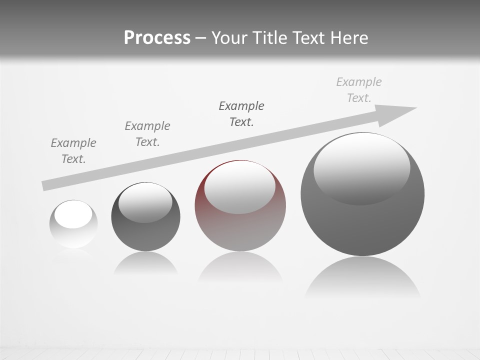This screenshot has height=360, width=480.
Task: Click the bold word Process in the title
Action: (157, 38)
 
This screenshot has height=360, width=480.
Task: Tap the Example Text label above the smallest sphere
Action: (73, 151)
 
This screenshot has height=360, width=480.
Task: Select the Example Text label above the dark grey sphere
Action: (147, 134)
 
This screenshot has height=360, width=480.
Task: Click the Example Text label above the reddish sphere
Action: (241, 114)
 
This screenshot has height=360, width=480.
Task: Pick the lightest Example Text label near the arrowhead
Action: (359, 90)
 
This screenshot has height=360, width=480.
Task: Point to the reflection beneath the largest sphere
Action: (362, 277)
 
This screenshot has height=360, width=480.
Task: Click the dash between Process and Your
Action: (201, 38)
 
